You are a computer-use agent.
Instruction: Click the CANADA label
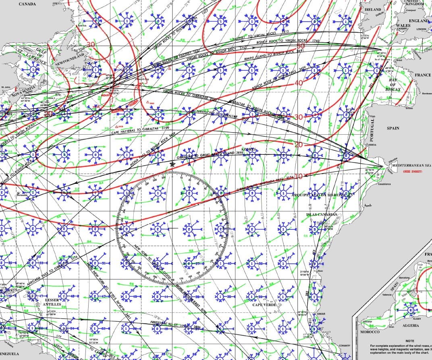coord(27,4)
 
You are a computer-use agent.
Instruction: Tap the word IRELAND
coord(372,9)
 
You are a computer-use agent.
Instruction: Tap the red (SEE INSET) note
coord(409,172)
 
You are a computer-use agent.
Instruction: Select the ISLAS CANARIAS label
coord(321,214)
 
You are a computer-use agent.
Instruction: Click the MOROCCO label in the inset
coord(370,332)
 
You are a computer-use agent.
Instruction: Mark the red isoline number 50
coord(301,46)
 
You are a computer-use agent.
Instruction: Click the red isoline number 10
coord(299,176)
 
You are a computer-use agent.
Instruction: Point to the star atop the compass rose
coord(172,164)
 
